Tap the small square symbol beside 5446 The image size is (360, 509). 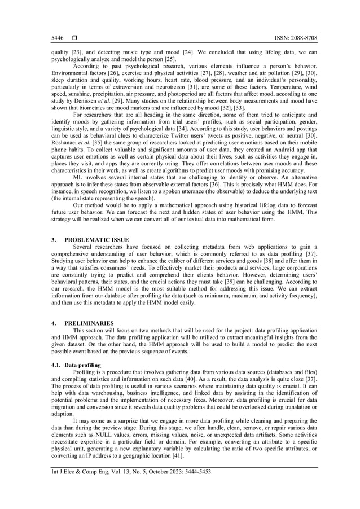[74, 38]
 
